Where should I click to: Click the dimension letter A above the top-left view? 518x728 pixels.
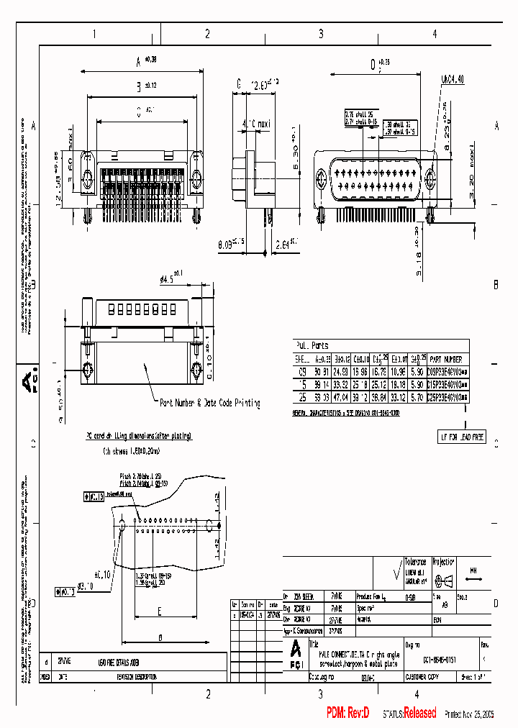[138, 62]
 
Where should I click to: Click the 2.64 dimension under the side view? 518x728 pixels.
[285, 245]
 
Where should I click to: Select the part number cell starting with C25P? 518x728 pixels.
[447, 396]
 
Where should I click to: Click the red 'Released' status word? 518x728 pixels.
[419, 713]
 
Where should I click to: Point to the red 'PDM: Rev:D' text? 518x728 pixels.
[347, 713]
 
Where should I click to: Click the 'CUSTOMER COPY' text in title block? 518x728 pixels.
[427, 677]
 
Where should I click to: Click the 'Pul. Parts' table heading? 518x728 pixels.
[312, 345]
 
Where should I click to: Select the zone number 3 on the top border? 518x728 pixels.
[321, 34]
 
